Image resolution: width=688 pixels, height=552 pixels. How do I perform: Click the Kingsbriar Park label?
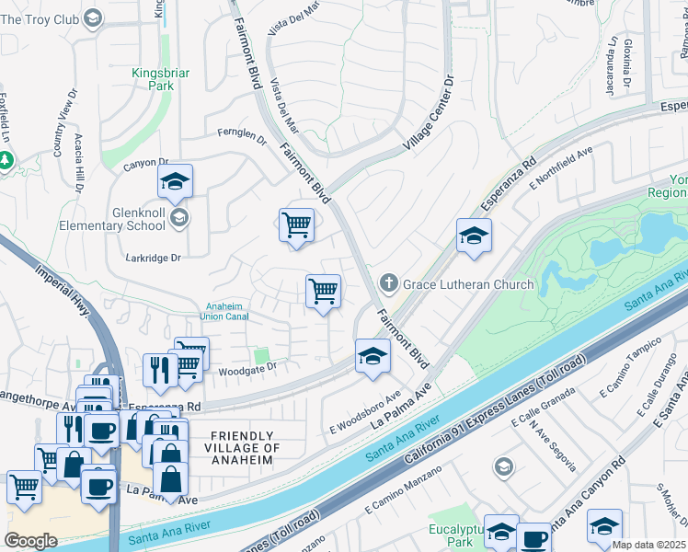pyautogui.click(x=148, y=78)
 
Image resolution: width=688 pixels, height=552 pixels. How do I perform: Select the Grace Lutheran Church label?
pyautogui.click(x=466, y=284)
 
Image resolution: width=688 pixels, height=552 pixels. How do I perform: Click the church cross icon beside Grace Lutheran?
pyautogui.click(x=388, y=284)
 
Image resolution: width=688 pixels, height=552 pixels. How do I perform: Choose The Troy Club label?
pyautogui.click(x=41, y=18)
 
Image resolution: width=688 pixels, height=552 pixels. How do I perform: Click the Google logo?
pyautogui.click(x=30, y=541)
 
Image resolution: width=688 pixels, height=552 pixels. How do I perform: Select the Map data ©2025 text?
pyautogui.click(x=649, y=545)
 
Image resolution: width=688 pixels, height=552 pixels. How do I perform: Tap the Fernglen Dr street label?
pyautogui.click(x=241, y=137)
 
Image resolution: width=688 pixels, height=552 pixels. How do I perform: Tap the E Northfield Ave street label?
pyautogui.click(x=561, y=168)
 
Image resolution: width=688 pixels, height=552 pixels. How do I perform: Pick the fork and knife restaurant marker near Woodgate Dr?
pyautogui.click(x=160, y=370)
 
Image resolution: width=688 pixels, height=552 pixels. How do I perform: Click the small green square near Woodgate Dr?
pyautogui.click(x=262, y=355)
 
